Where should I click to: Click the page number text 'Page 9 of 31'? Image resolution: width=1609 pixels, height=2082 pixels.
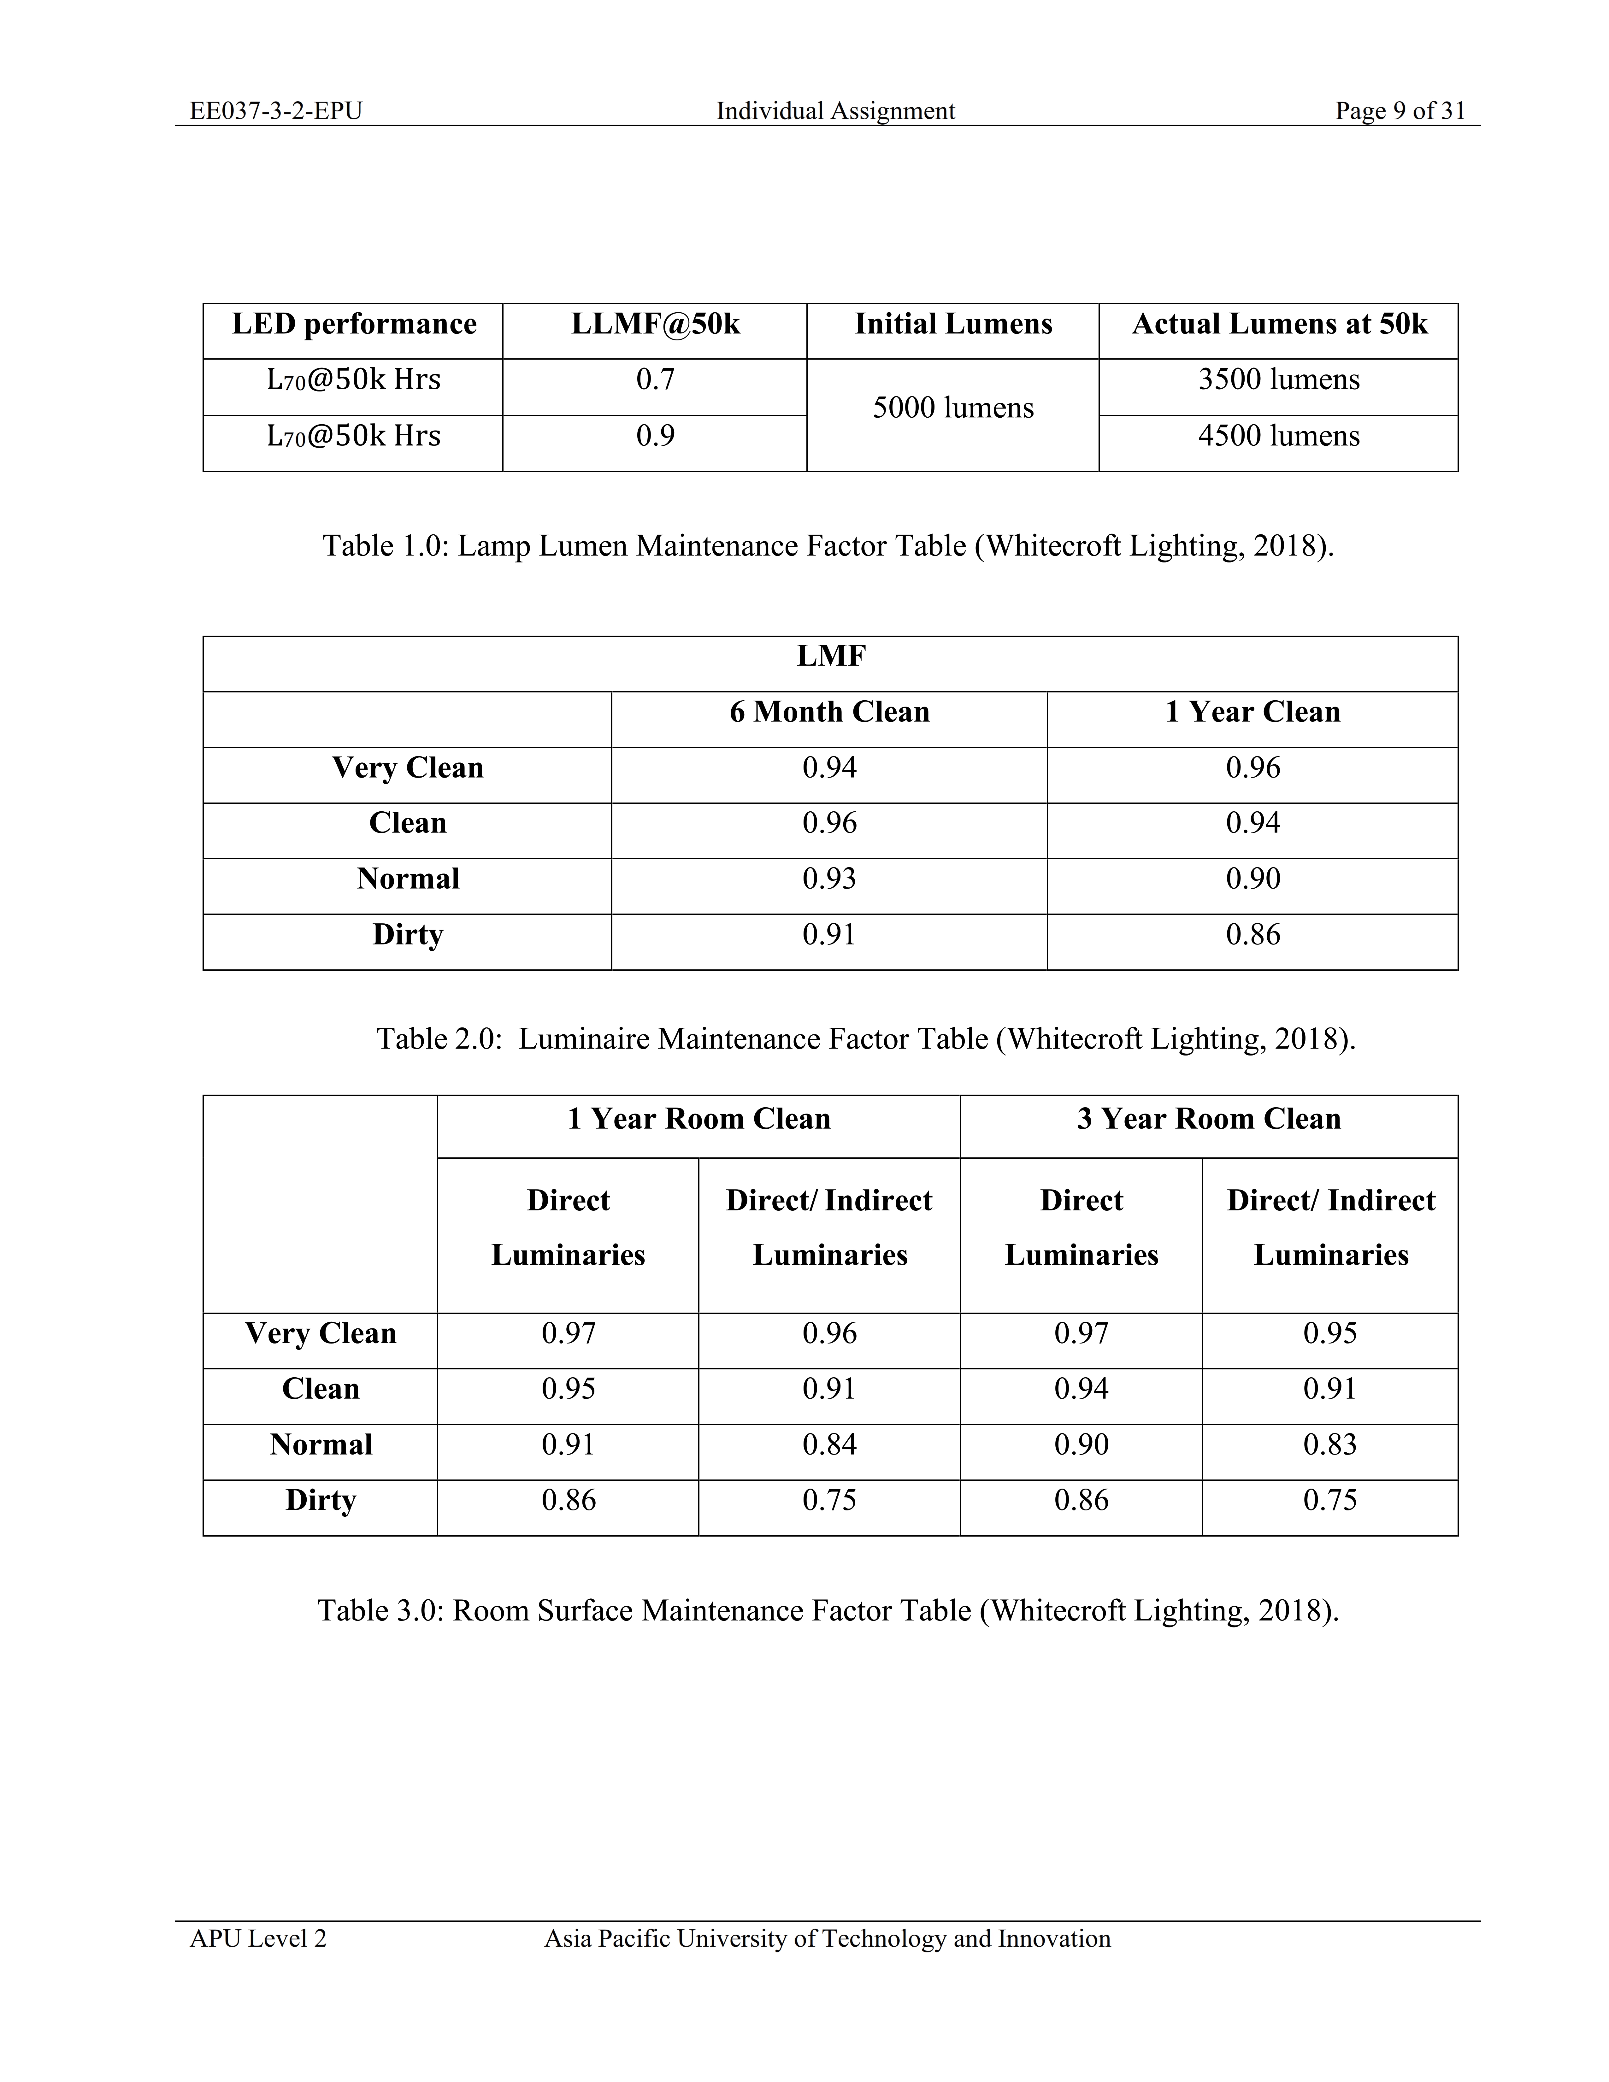tap(1399, 112)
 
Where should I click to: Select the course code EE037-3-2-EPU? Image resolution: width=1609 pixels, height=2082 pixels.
tap(276, 112)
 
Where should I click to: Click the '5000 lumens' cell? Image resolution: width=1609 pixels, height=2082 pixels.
tap(953, 408)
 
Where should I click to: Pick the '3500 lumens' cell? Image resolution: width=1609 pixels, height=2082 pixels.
tap(1278, 379)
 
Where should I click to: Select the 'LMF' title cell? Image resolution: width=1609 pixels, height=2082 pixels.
tap(830, 657)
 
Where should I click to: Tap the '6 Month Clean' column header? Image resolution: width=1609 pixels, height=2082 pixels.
tap(829, 712)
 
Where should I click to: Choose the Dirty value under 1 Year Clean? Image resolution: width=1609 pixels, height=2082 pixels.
tap(1252, 934)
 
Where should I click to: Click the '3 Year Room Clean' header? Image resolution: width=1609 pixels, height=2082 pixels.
tap(1209, 1119)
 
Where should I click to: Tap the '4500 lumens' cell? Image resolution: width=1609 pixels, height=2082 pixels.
tap(1278, 436)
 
